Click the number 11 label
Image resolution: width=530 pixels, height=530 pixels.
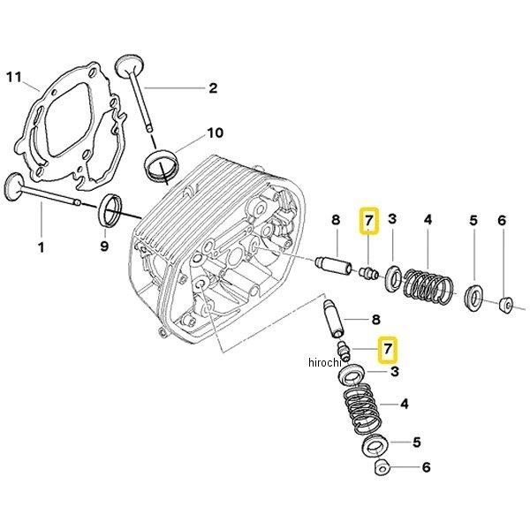tap(11, 79)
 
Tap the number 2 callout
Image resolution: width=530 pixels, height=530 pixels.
tap(212, 87)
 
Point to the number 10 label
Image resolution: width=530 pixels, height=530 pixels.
tap(216, 133)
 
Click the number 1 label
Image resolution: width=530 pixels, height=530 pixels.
tap(41, 246)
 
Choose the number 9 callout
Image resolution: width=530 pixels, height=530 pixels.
tap(104, 246)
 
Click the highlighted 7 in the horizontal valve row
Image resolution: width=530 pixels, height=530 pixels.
tap(368, 220)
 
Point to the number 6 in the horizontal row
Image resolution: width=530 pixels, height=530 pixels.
tap(501, 221)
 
